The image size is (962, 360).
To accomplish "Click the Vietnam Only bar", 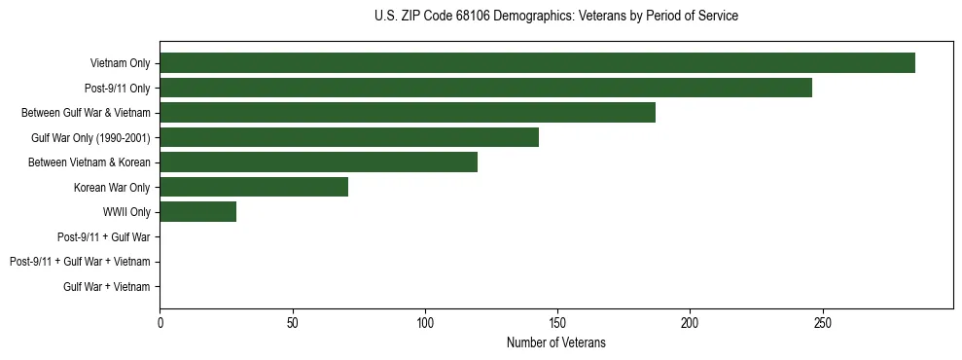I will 537,63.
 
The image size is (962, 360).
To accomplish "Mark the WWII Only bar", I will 197,211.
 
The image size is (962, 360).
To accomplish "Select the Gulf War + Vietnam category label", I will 107,286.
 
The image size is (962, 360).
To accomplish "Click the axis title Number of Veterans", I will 555,342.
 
